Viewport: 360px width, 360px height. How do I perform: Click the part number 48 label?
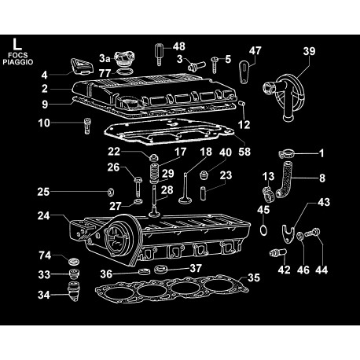(179, 46)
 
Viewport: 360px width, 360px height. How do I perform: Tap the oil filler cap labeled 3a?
(125, 59)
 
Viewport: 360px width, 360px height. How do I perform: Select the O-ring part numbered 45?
(264, 230)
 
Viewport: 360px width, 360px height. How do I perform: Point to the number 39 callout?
(309, 51)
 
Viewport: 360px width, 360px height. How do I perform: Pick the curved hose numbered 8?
(284, 179)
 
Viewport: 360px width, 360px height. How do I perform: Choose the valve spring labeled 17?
(155, 173)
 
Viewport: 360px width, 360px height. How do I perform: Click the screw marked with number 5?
(215, 64)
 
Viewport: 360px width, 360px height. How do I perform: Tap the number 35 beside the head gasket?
(253, 277)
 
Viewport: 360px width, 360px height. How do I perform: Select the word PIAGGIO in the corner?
(18, 62)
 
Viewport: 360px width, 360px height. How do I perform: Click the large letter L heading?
(17, 44)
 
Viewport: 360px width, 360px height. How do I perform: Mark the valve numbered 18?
(186, 188)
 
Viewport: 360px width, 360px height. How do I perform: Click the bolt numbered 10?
(87, 126)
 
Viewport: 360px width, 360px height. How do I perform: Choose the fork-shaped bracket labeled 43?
(288, 233)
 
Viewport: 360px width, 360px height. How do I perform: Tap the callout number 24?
(44, 216)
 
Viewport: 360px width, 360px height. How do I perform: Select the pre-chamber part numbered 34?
(74, 292)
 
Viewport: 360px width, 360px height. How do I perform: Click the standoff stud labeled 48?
(159, 54)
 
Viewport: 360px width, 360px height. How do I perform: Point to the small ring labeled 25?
(112, 192)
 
